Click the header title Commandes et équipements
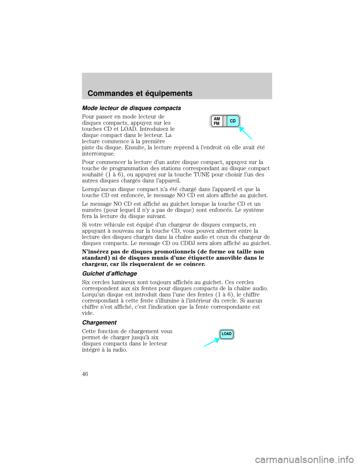[x=140, y=93]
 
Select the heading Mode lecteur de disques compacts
[x=131, y=108]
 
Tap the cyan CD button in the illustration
[x=233, y=121]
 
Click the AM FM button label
[x=217, y=121]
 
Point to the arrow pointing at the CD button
[x=245, y=133]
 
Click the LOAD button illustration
[x=227, y=334]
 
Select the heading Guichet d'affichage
[x=109, y=274]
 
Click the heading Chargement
[x=99, y=323]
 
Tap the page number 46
[x=85, y=374]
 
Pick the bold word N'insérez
[x=94, y=251]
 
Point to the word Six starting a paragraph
[x=86, y=282]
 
